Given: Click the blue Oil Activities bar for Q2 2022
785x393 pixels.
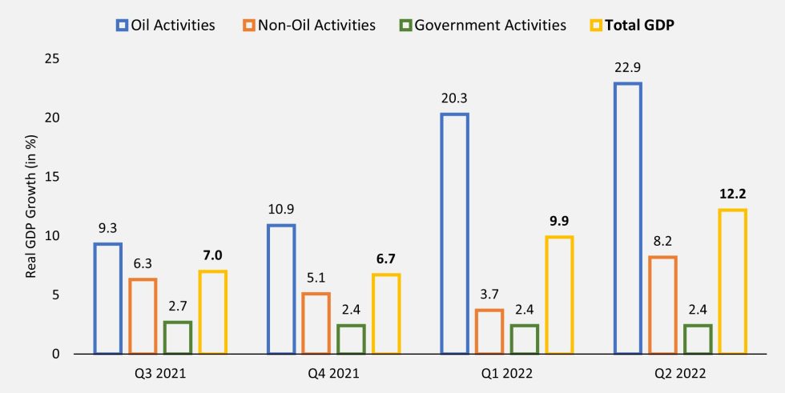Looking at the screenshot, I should [628, 219].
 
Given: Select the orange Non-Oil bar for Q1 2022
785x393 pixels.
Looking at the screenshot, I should [489, 331].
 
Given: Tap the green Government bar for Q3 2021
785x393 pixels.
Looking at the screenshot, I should [178, 337].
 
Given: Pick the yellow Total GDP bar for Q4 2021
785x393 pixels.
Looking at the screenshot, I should [386, 314].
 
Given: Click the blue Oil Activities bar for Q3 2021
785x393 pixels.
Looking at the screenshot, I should [108, 299].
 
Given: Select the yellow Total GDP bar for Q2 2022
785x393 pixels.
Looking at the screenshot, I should [732, 282].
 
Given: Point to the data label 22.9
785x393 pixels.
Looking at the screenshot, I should [628, 69].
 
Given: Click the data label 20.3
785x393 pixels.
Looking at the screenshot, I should [454, 99].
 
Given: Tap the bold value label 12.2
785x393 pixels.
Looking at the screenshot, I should [732, 195].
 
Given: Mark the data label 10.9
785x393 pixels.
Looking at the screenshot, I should [281, 211].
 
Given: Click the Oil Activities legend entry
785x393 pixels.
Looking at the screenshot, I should [166, 25].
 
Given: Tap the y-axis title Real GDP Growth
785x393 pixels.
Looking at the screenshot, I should [30, 207].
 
